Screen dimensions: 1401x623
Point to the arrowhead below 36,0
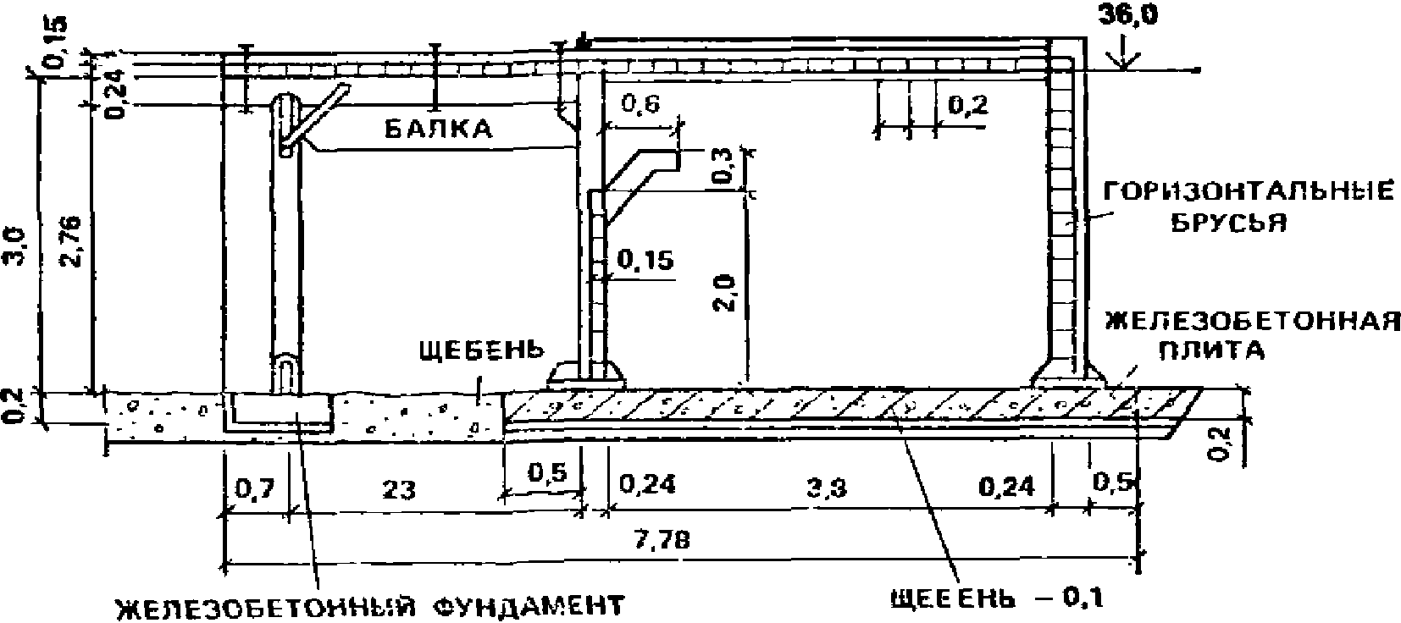1123,62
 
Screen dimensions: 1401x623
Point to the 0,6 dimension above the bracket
640,104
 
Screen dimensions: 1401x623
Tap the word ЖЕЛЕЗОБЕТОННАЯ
1254,322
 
